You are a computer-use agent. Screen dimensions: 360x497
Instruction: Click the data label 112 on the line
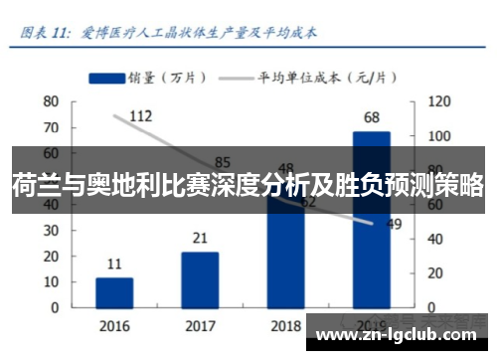pyautogui.click(x=140, y=116)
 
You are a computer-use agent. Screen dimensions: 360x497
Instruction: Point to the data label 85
pyautogui.click(x=223, y=162)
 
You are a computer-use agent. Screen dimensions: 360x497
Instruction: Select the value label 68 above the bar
pyautogui.click(x=372, y=118)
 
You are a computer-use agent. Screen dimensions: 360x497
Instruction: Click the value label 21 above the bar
pyautogui.click(x=200, y=238)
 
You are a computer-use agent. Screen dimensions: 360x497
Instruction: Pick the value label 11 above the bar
pyautogui.click(x=114, y=264)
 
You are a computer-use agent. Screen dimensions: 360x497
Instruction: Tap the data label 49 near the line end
pyautogui.click(x=394, y=224)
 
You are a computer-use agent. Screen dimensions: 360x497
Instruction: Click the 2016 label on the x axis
pyautogui.click(x=114, y=325)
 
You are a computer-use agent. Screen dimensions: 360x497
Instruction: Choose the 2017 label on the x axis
pyautogui.click(x=200, y=325)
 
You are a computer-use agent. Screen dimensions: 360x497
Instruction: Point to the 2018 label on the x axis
pyautogui.click(x=285, y=325)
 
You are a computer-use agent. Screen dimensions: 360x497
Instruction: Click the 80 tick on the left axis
pyautogui.click(x=51, y=101)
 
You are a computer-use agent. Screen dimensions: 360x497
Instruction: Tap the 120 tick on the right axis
pyautogui.click(x=438, y=101)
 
